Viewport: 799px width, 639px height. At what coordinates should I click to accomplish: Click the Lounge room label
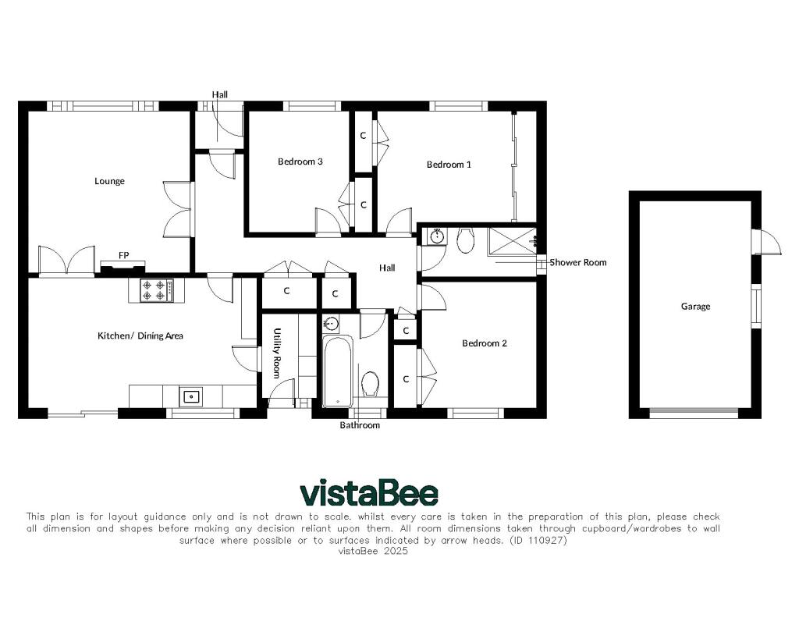(109, 182)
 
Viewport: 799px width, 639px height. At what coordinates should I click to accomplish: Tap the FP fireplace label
(124, 255)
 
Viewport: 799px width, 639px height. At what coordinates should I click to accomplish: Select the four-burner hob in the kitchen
(156, 290)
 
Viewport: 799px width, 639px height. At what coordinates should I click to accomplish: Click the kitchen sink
(191, 396)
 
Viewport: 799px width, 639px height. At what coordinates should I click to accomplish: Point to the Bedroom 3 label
(300, 162)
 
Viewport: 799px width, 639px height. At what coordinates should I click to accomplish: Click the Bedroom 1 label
(449, 165)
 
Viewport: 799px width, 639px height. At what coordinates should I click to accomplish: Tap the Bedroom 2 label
(485, 343)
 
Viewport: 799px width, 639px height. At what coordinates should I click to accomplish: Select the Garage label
(695, 307)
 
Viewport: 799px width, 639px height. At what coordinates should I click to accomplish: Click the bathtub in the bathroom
(337, 371)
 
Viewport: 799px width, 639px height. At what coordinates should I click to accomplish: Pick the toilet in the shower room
(465, 240)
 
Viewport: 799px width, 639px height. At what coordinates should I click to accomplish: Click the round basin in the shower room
(437, 236)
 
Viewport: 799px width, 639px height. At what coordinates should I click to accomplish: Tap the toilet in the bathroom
(370, 384)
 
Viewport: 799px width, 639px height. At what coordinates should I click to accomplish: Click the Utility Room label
(277, 353)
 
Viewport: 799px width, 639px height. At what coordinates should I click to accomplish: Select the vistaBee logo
(369, 492)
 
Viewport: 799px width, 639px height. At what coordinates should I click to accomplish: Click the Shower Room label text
(578, 262)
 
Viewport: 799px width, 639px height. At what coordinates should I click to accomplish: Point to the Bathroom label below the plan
(360, 425)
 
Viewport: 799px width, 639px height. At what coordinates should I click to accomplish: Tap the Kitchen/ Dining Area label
(140, 335)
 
